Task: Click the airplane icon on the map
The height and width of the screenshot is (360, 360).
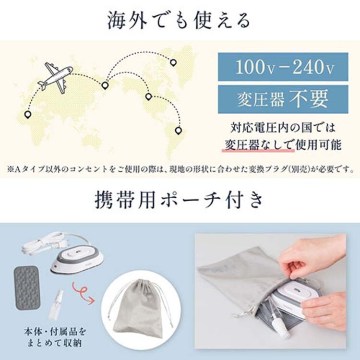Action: [x=56, y=77]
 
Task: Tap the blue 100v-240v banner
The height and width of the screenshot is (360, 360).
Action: [x=283, y=67]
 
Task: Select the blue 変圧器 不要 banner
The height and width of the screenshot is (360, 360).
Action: [x=283, y=99]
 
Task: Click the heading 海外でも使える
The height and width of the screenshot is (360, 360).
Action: [x=179, y=21]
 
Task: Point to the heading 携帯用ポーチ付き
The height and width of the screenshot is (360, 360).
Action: [x=179, y=200]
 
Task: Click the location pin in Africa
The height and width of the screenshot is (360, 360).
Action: [x=27, y=115]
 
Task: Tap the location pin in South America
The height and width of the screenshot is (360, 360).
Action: [x=178, y=131]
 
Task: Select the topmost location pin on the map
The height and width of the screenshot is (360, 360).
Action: [x=173, y=62]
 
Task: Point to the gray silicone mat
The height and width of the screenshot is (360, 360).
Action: [x=26, y=288]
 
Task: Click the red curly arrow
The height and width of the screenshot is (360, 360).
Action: [x=83, y=293]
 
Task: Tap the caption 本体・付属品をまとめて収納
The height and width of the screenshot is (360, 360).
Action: [x=55, y=337]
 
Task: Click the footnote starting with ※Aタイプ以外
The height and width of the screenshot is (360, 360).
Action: [x=180, y=169]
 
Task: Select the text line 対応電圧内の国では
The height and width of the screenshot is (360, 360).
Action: [x=283, y=128]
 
